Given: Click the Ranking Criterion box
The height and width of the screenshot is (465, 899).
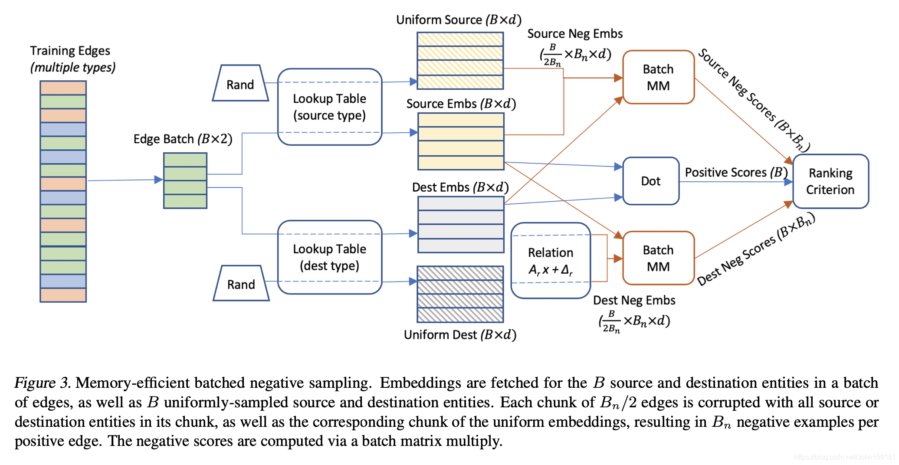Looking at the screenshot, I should coord(830,181).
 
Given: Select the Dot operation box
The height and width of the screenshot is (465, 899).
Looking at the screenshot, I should coord(651,181).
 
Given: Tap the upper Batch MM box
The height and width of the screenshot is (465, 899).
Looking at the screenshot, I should coord(658,77).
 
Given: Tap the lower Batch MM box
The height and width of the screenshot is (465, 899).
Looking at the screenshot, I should coord(658,258).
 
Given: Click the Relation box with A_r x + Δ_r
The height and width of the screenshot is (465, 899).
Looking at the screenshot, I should coord(551,261).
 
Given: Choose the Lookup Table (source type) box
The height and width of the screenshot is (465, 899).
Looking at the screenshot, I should coord(329,107).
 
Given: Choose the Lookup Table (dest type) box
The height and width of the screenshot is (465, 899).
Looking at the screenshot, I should coord(329,257).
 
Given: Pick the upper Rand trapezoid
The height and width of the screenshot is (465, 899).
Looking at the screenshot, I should coord(240,84).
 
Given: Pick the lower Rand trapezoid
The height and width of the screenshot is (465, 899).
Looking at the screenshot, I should coord(241,284).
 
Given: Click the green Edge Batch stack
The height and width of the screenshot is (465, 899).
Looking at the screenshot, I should coord(185,180).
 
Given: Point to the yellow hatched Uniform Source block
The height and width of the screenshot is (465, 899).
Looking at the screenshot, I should coord(460,61).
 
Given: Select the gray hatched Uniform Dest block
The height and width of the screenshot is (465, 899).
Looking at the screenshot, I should coord(460,294).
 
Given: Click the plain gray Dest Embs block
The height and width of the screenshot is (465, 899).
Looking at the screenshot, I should coord(461,224).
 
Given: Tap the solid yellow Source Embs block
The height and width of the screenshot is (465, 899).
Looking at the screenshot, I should coord(461,141).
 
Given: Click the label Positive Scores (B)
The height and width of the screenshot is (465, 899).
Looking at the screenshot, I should coord(736,172).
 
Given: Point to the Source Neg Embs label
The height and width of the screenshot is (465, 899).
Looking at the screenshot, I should coord(574,34).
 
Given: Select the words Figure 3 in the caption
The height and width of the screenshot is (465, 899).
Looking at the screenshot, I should coord(42,383).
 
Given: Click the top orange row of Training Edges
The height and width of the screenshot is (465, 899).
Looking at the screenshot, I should coord(63,88).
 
